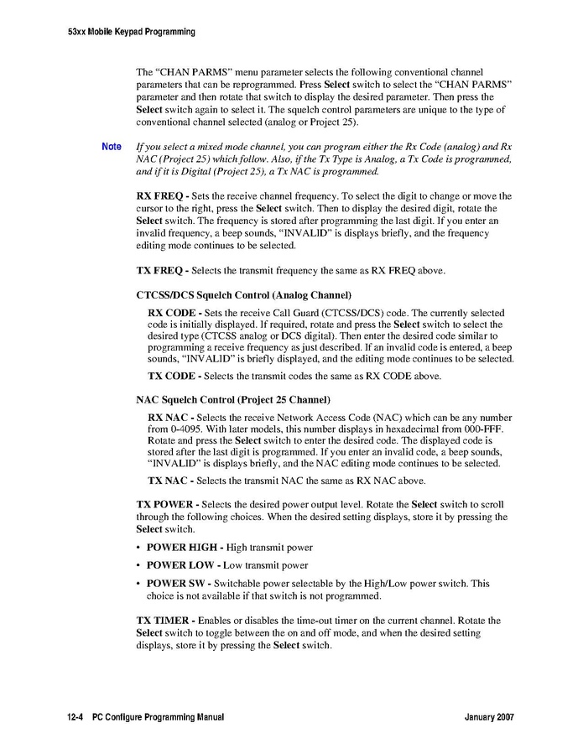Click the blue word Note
pos(112,147)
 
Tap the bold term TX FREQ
pos(160,270)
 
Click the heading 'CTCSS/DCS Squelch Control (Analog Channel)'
pos(243,295)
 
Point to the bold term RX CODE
pos(172,312)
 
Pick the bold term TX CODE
pos(172,376)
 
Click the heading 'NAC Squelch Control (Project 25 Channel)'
pos(233,399)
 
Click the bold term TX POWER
pos(165,505)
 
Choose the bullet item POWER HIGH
pos(180,548)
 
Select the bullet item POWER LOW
pos(179,565)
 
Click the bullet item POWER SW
pos(177,583)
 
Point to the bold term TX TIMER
pos(164,621)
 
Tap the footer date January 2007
pos(488,719)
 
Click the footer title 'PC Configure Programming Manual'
pos(159,719)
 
